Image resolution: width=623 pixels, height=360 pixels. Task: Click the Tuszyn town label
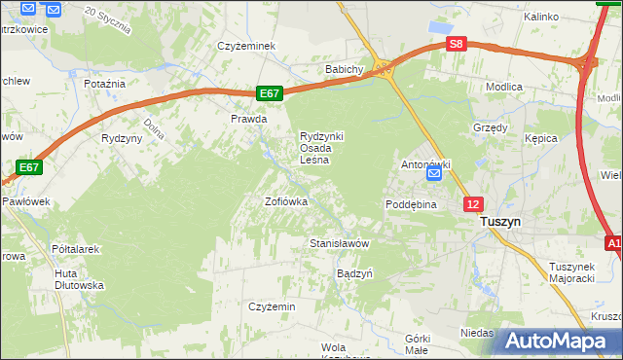click(x=500, y=222)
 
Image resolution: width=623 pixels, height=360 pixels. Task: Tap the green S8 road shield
click(x=457, y=44)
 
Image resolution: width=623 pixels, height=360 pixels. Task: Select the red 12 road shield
click(x=472, y=203)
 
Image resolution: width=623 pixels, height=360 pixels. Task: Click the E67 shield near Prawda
click(x=271, y=93)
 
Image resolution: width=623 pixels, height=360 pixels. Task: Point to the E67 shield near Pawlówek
click(x=29, y=167)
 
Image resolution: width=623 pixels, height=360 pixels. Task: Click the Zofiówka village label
click(x=286, y=201)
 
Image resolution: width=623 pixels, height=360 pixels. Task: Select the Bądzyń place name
click(x=354, y=273)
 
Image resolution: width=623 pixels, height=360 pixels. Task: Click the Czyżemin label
click(x=272, y=306)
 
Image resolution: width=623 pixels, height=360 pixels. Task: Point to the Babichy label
click(x=345, y=70)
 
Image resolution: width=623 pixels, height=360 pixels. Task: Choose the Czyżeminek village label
click(x=248, y=46)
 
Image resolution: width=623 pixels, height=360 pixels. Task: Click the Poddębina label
click(x=410, y=205)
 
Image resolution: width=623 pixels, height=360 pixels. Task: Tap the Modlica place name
click(x=504, y=87)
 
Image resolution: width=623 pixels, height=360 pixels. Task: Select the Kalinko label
click(x=540, y=17)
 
